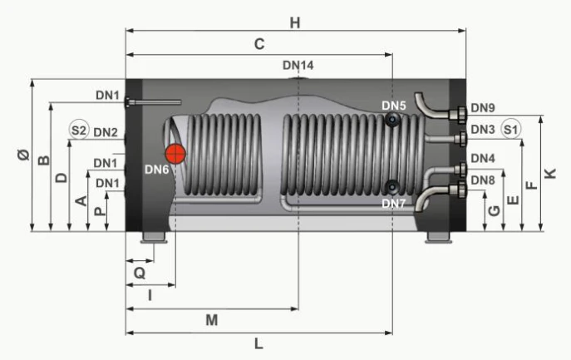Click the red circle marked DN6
175,154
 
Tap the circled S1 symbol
510,129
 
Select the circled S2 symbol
79,130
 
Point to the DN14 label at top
298,65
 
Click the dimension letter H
295,23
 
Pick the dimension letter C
259,44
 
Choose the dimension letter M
212,320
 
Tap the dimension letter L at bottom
258,343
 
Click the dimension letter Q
140,273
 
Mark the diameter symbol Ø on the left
23,155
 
